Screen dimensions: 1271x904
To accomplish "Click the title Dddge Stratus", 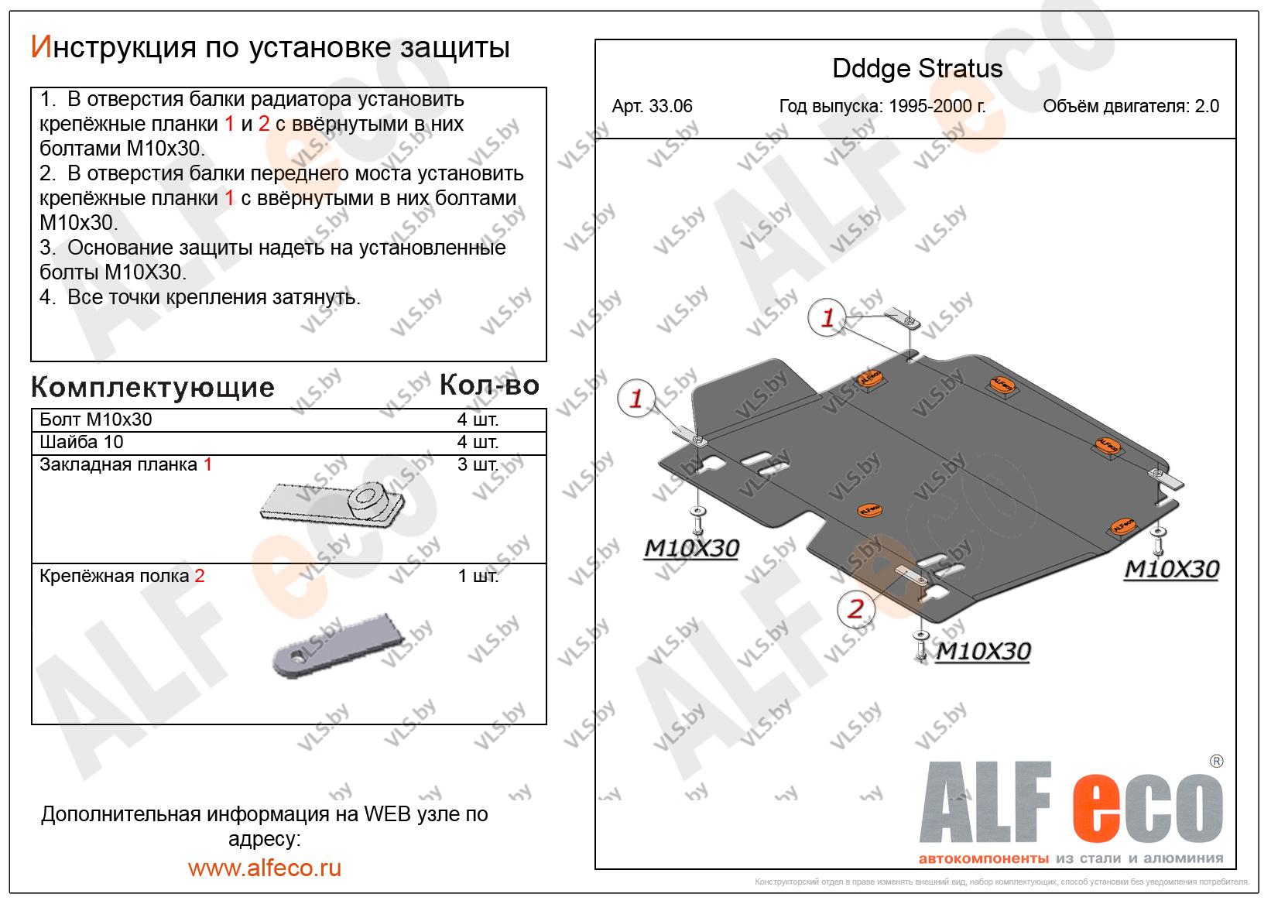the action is pos(917,69).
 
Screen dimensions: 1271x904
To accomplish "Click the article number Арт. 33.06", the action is pos(652,106).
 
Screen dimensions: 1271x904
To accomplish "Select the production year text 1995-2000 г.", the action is pos(937,106).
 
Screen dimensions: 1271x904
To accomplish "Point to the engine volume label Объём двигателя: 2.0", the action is pos(1131,106).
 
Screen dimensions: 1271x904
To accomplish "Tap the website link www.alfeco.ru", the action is pos(265,868).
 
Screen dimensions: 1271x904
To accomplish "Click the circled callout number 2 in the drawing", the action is pos(856,609).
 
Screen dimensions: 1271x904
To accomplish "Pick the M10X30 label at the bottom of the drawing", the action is pos(983,651).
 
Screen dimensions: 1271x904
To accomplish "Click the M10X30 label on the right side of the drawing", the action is pos(1172,569).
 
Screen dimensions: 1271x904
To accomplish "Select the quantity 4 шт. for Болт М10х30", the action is pos(478,419).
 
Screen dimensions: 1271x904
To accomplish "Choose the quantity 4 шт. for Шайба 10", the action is pos(478,441).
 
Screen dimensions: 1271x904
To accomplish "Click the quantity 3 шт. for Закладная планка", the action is pos(478,464).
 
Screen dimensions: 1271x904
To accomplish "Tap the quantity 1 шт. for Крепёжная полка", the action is pos(478,576).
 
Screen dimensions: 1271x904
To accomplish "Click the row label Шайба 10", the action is pos(81,441).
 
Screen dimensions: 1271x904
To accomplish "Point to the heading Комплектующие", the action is pos(152,387).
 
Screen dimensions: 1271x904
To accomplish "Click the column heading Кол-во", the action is pos(489,385).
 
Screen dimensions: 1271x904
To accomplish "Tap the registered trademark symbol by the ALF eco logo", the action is pos(1216,761).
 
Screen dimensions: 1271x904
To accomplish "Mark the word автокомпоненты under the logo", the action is pos(983,858).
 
